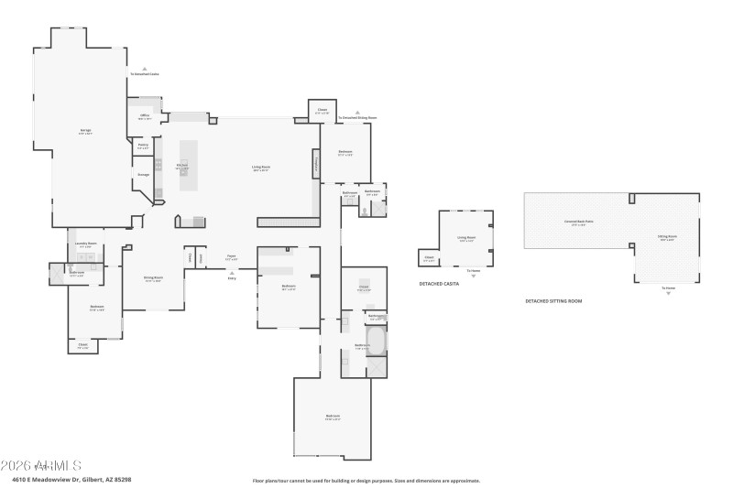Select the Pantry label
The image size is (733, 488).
(x=143, y=145)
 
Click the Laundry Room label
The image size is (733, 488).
(x=85, y=244)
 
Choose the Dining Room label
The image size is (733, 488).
(x=153, y=278)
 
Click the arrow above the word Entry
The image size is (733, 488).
(x=232, y=270)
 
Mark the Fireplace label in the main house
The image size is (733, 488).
(x=316, y=166)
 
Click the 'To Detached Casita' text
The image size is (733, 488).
(x=144, y=74)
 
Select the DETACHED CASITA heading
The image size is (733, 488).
(x=439, y=284)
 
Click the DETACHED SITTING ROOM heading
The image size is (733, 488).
(x=553, y=300)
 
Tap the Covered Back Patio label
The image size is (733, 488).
(x=575, y=222)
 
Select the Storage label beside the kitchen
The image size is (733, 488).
(x=143, y=174)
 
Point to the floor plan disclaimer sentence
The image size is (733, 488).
(x=366, y=480)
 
